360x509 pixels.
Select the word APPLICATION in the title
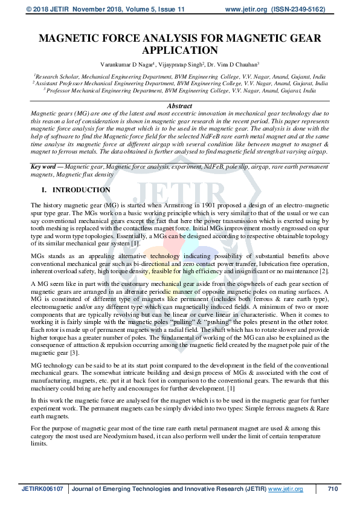[179, 51]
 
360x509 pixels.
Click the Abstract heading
[179, 105]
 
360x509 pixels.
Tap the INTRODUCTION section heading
[82, 190]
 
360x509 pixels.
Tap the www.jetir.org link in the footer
[285, 488]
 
